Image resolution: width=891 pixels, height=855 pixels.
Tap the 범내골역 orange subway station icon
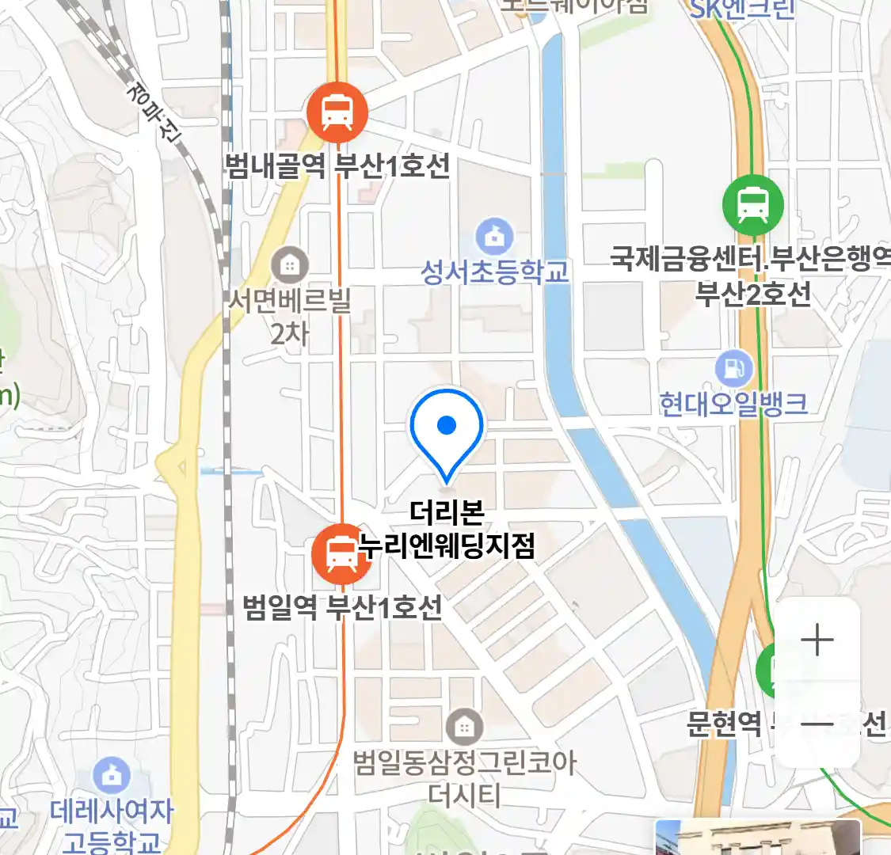pos(337,112)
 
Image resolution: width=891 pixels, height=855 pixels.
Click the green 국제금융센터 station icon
pos(752,205)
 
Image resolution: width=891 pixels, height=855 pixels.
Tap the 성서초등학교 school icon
pos(494,237)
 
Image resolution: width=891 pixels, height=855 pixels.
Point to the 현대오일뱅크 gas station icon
pos(734,368)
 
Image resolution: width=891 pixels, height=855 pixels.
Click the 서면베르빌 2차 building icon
pos(290,265)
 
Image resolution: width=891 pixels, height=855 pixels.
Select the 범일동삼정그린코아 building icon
pos(464,726)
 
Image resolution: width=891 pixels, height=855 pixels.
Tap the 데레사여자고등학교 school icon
pos(112,776)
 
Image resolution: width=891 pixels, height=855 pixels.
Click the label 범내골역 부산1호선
pos(337,166)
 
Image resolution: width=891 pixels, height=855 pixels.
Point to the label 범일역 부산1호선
pos(342,608)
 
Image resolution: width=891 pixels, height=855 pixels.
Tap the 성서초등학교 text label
pos(494,272)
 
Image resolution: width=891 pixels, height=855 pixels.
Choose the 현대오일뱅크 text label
pos(733,404)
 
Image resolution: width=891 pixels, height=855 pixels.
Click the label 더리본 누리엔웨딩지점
pos(447,530)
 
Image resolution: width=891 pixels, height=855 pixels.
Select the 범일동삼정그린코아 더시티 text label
pos(464,777)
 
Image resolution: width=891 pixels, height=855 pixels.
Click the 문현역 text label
pos(724,723)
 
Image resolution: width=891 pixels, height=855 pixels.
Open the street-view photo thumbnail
pos(757,838)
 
